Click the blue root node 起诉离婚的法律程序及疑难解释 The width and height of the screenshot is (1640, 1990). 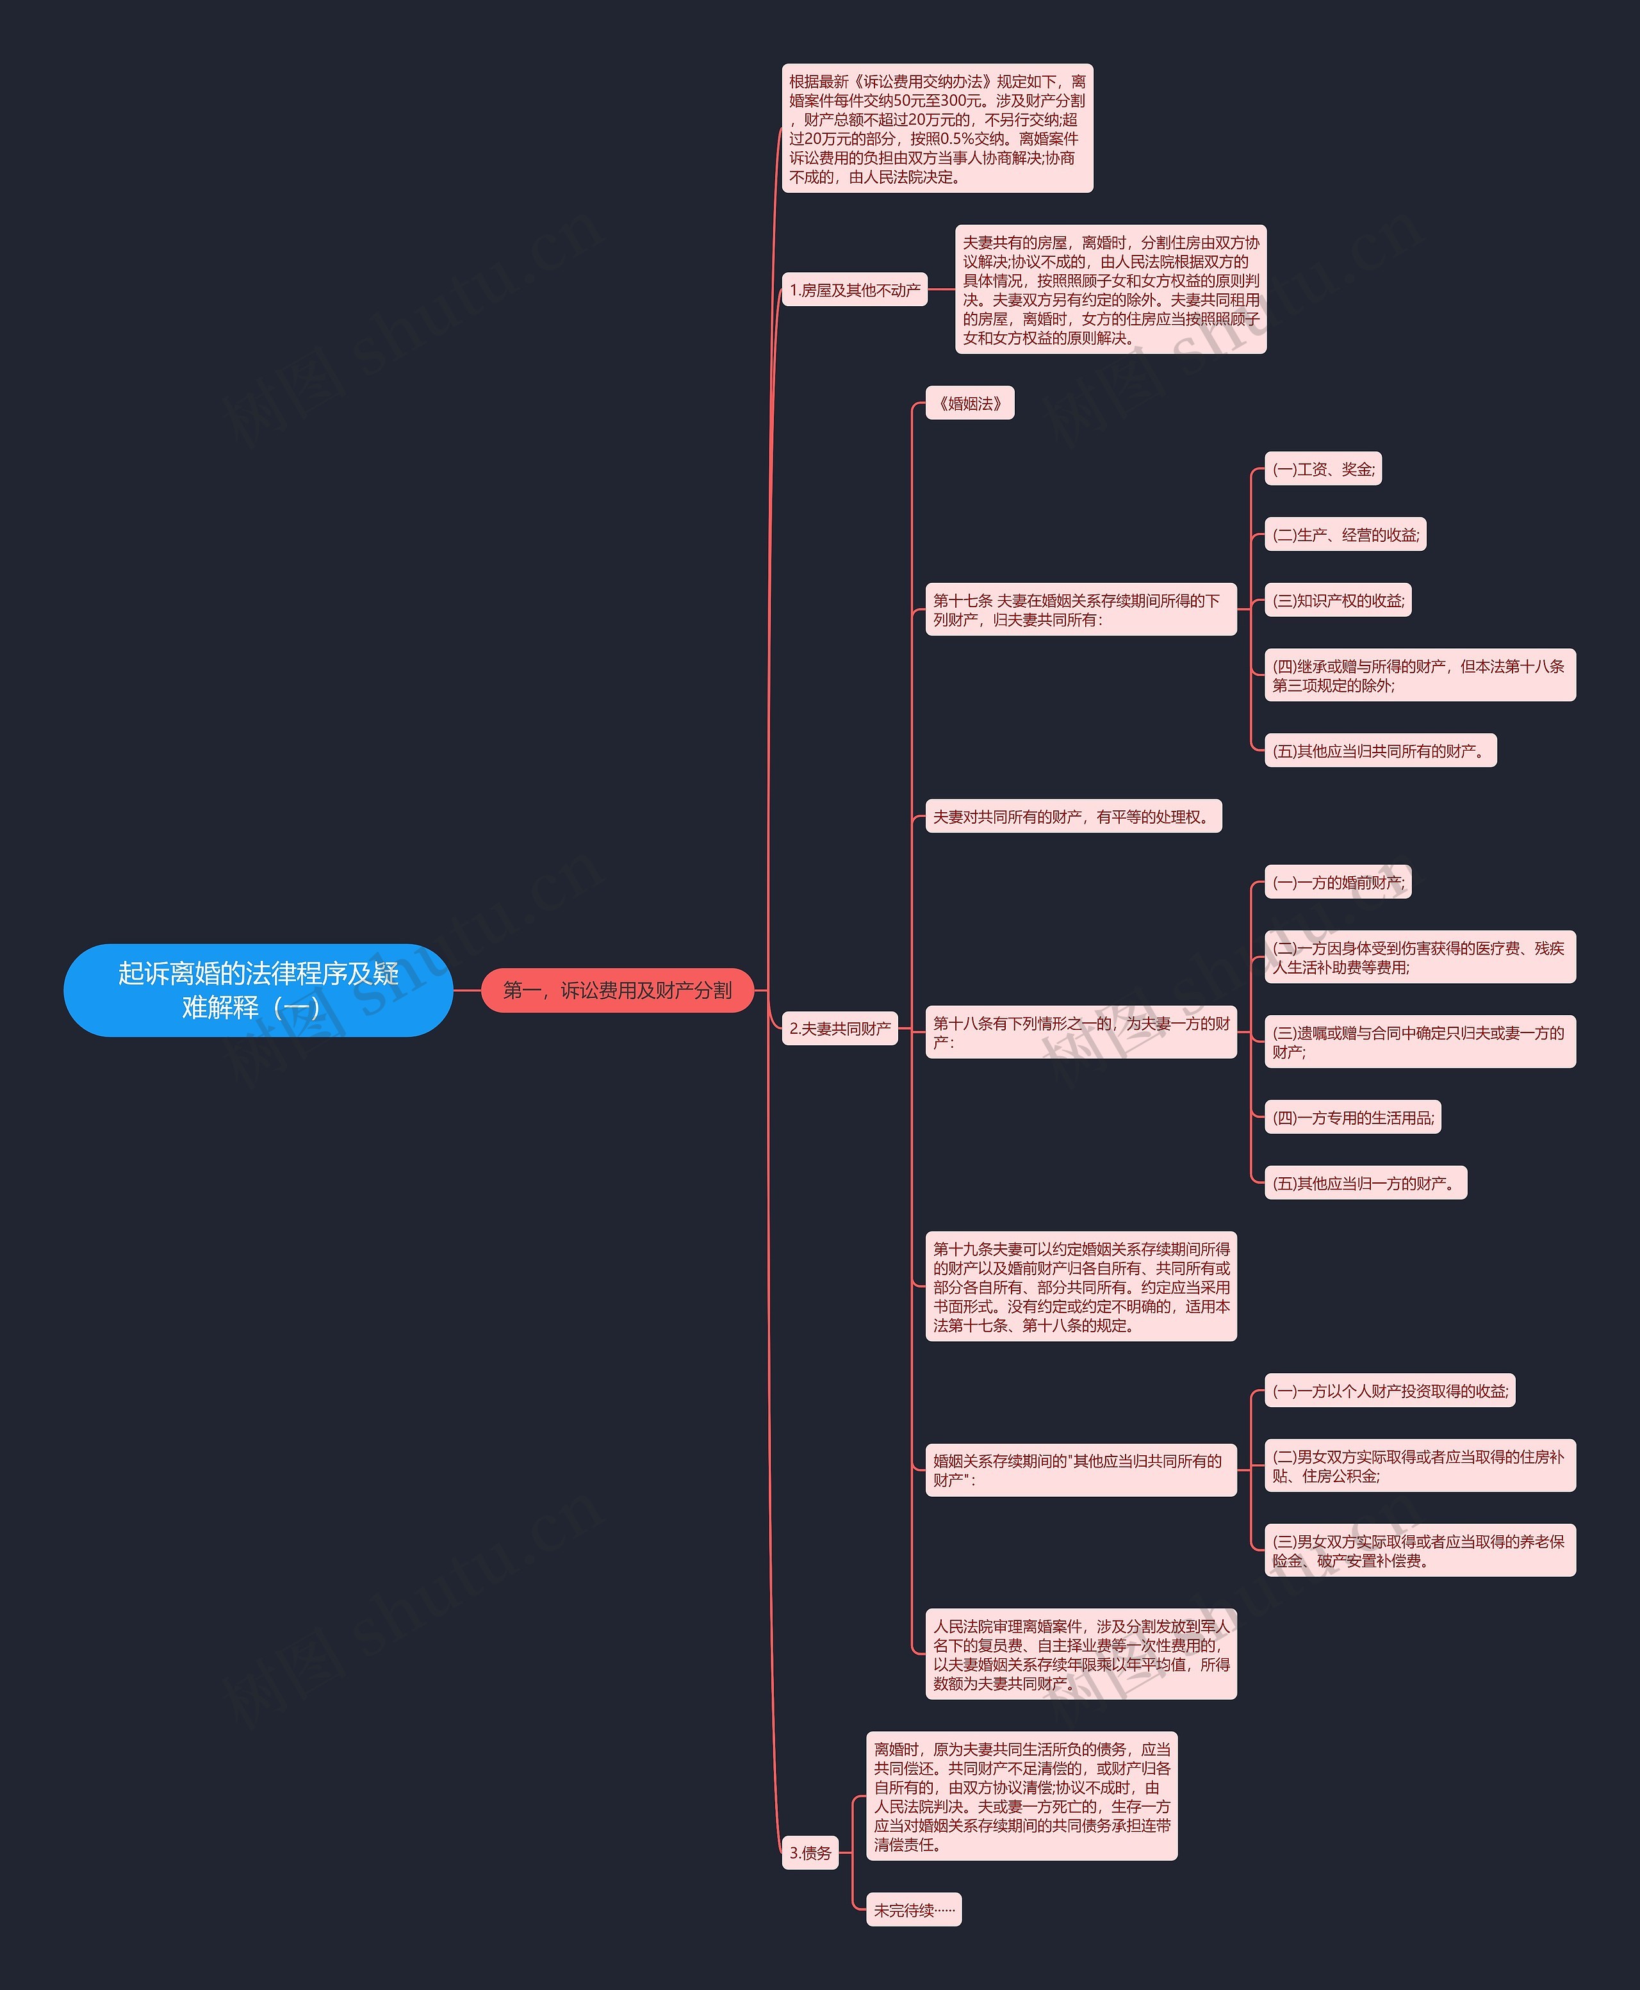tap(258, 990)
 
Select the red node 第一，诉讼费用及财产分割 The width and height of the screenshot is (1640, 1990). tap(617, 990)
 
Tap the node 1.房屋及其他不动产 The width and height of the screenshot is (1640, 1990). tap(854, 290)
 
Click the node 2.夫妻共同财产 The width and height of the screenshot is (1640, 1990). tap(840, 1029)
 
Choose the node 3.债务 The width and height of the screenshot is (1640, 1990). tap(810, 1852)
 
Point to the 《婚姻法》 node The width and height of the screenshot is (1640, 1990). tap(969, 404)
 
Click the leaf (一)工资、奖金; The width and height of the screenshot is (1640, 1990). tap(1323, 469)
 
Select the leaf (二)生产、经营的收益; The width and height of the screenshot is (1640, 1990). tap(1344, 535)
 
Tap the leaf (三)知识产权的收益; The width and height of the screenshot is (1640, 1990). tap(1338, 601)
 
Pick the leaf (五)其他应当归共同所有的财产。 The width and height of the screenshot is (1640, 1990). tap(1379, 751)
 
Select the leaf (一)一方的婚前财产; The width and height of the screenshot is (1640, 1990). tap(1338, 882)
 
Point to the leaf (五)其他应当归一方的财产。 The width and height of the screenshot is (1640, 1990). tap(1365, 1182)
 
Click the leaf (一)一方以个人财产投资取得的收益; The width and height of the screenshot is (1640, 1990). tap(1390, 1391)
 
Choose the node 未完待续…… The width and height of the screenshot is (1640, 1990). tap(914, 1910)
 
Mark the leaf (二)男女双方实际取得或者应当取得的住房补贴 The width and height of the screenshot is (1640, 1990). tap(1420, 1466)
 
